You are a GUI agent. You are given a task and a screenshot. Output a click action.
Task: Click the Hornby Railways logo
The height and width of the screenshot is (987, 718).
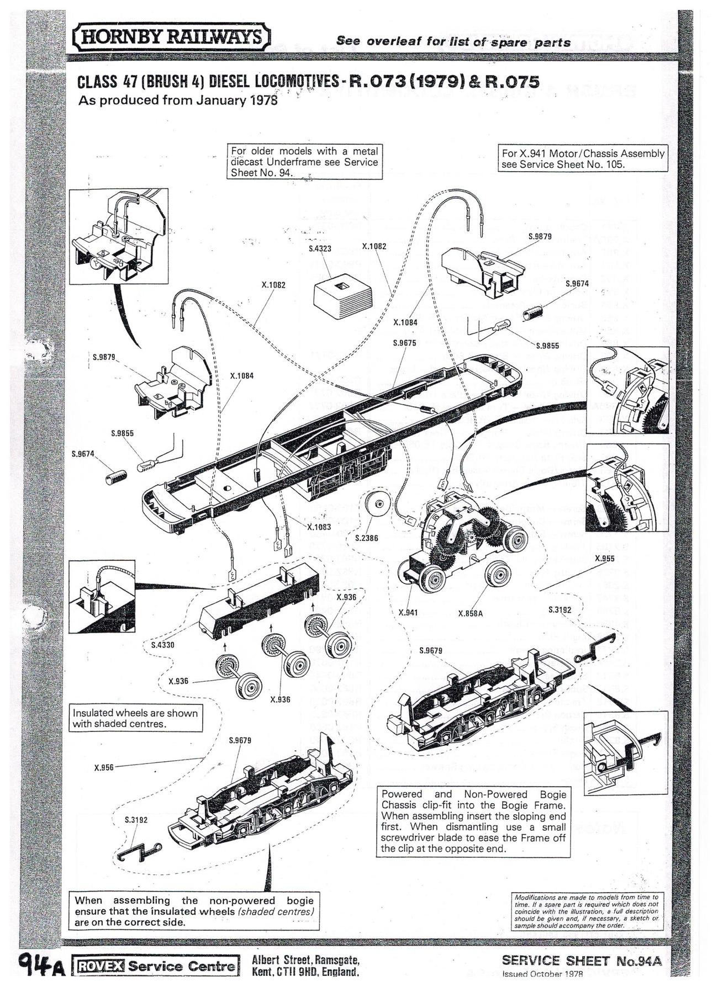pos(172,38)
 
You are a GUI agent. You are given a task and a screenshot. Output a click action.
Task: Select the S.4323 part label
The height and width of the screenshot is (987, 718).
pos(320,248)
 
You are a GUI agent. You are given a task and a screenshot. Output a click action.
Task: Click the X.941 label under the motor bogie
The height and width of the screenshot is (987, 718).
pos(408,612)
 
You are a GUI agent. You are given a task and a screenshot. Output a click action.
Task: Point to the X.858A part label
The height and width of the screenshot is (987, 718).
pos(471,613)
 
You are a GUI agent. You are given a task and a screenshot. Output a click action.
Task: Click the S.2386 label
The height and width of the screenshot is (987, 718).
pos(367,538)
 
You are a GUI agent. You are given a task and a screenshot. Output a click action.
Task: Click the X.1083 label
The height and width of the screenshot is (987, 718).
pos(319,527)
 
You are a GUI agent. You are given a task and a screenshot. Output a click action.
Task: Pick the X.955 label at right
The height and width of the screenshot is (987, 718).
pos(605,559)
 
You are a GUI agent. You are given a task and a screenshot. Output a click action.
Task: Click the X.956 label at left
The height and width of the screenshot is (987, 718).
pos(104,767)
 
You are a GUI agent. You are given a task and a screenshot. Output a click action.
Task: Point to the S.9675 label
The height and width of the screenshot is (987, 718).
pos(404,343)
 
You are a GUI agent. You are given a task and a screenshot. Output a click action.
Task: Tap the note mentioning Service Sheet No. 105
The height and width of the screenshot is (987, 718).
pos(583,159)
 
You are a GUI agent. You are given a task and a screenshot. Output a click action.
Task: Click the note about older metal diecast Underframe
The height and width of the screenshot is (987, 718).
pos(304,162)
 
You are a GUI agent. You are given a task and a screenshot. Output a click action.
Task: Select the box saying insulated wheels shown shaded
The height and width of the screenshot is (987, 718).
pos(135,718)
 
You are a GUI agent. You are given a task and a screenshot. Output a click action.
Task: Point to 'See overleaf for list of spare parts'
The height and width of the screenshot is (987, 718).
pos(453,42)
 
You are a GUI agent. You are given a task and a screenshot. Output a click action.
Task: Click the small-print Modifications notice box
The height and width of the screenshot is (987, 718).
pos(585,911)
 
